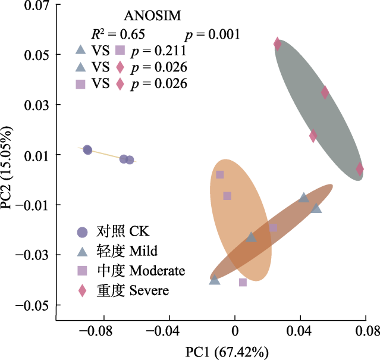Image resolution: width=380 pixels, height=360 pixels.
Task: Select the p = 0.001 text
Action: pyautogui.click(x=212, y=34)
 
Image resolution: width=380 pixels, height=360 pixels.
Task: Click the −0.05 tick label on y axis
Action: pyautogui.click(x=33, y=305)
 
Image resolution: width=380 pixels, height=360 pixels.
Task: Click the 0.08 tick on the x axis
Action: pyautogui.click(x=368, y=330)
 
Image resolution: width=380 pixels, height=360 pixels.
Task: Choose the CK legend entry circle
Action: pyautogui.click(x=83, y=232)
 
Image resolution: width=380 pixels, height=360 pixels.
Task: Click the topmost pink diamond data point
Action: pyautogui.click(x=278, y=43)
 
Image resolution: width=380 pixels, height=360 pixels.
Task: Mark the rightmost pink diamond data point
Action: pyautogui.click(x=360, y=169)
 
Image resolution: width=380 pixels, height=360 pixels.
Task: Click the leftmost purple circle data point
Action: pyautogui.click(x=87, y=150)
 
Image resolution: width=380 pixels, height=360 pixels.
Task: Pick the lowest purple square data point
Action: pyautogui.click(x=243, y=282)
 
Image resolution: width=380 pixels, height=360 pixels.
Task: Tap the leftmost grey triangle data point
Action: pyautogui.click(x=215, y=280)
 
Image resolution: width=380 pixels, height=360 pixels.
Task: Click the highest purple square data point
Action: pyautogui.click(x=220, y=174)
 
